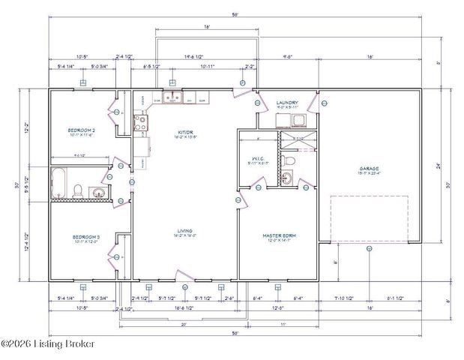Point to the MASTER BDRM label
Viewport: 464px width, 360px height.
[280, 236]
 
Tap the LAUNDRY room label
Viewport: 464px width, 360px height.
[288, 103]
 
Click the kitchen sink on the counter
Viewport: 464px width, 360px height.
[172, 97]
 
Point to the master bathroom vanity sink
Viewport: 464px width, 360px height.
[288, 178]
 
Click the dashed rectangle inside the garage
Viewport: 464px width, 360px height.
[370, 218]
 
